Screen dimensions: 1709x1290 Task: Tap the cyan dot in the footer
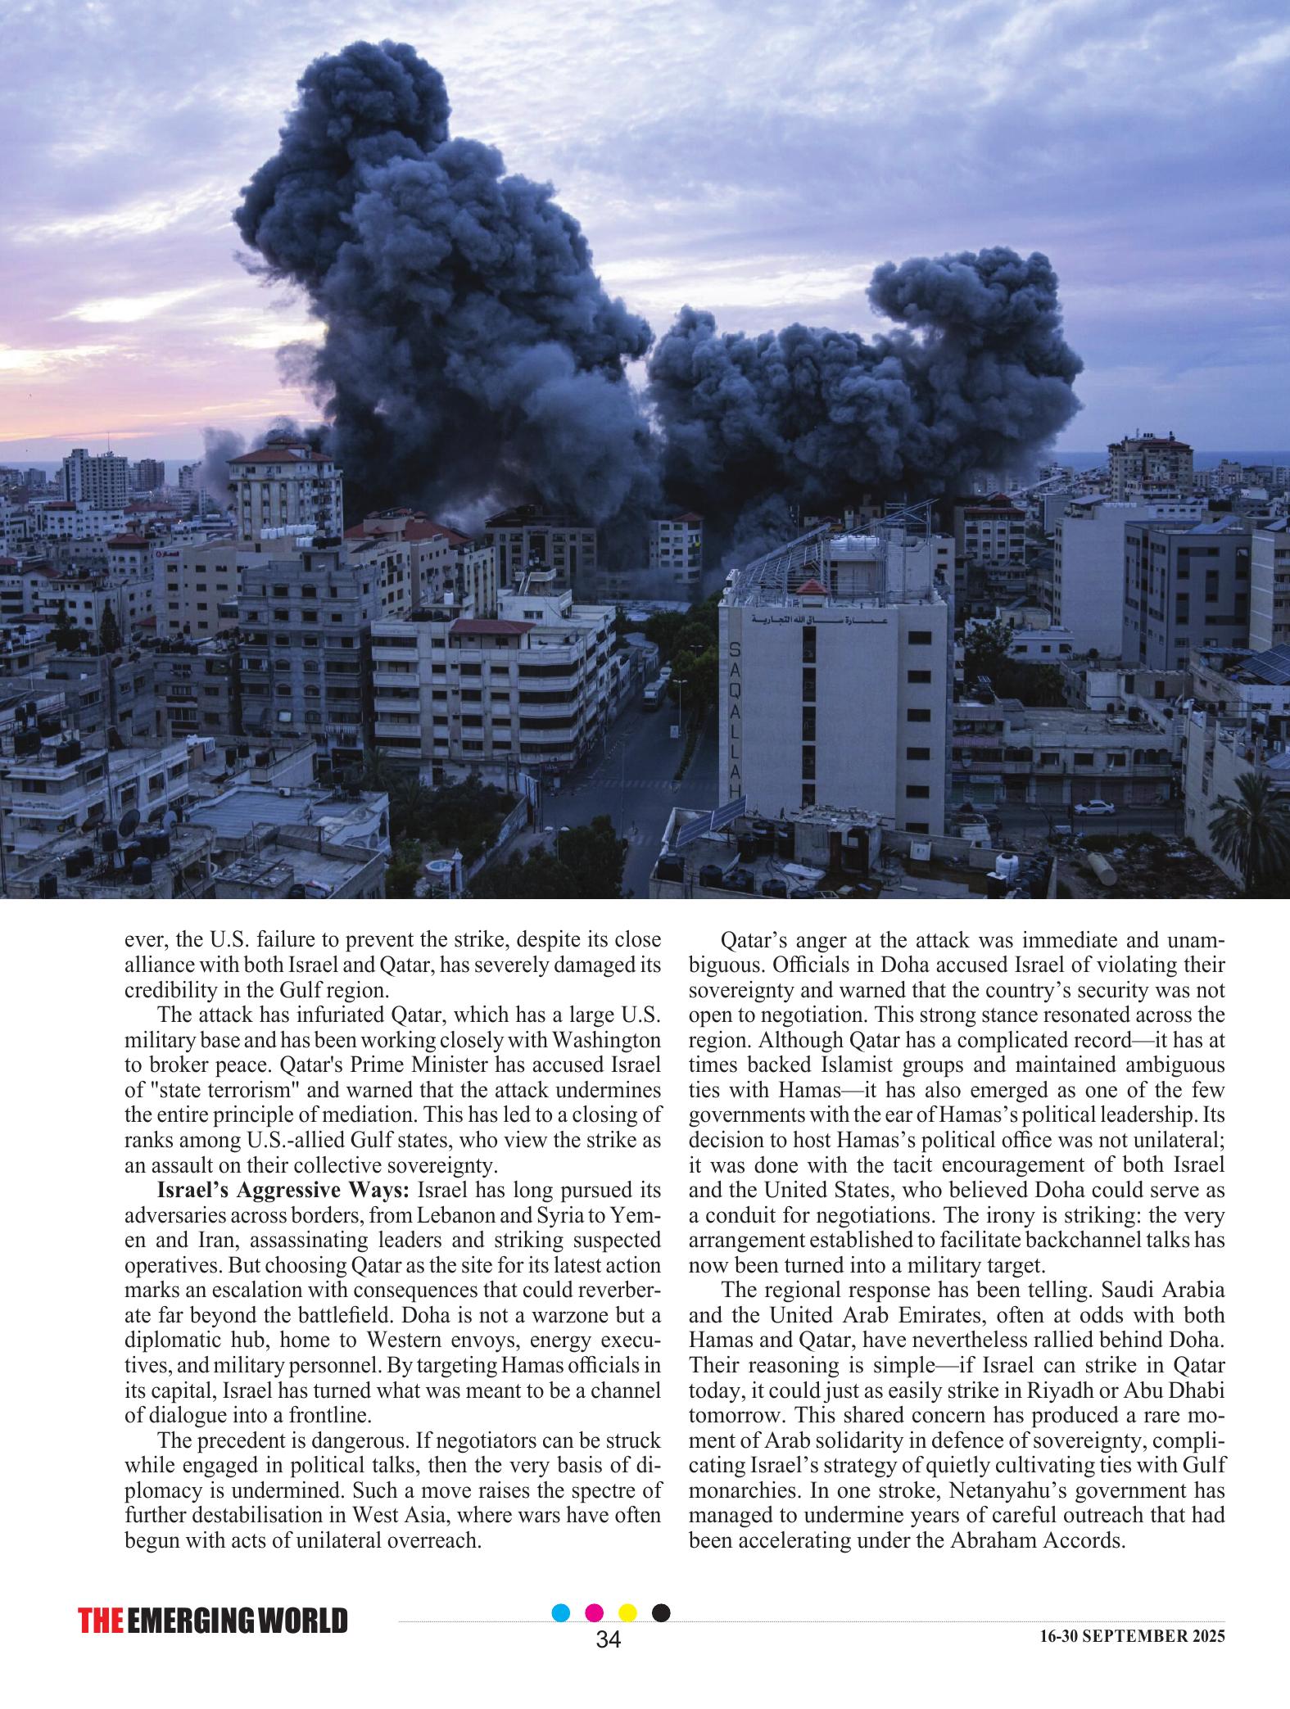point(561,1612)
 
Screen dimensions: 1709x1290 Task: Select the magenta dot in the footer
point(595,1612)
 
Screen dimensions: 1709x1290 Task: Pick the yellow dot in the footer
point(627,1612)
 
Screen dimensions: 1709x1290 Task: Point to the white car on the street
point(1093,807)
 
